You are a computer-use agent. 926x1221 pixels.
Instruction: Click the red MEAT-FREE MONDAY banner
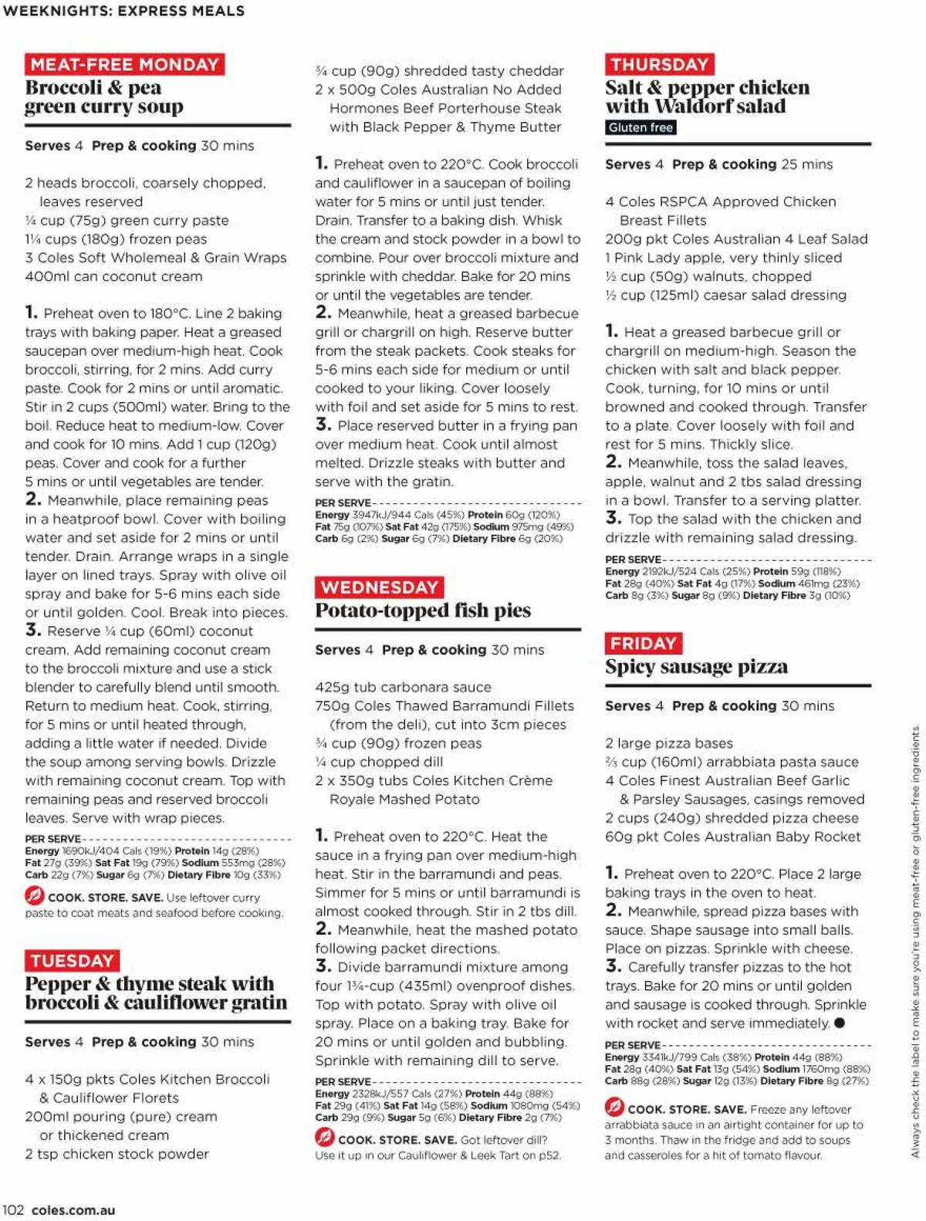(124, 64)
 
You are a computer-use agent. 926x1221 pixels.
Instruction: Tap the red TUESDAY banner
(72, 960)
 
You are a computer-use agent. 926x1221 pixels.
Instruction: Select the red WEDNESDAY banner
(379, 587)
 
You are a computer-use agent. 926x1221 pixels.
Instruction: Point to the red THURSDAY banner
(659, 64)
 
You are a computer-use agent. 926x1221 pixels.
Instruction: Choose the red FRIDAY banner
(643, 643)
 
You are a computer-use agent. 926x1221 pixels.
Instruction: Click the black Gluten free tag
(640, 127)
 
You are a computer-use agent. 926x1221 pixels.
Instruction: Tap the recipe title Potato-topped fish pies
(423, 610)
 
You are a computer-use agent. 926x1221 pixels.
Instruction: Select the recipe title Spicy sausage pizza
(696, 666)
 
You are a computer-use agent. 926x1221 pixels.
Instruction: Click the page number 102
(13, 1209)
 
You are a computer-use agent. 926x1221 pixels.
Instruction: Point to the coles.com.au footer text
(73, 1209)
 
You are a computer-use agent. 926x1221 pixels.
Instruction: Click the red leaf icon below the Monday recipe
(34, 896)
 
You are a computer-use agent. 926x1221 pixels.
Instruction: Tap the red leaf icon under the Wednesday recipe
(324, 1138)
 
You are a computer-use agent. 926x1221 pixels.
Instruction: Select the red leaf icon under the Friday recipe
(614, 1108)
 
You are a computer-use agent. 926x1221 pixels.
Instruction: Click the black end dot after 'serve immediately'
(840, 1023)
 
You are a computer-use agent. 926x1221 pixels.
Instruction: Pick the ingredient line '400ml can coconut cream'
(113, 276)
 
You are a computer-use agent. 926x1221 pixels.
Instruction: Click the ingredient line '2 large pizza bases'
(668, 743)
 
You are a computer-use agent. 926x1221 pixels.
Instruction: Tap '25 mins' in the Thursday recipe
(807, 164)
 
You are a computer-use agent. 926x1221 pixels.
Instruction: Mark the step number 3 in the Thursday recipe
(613, 518)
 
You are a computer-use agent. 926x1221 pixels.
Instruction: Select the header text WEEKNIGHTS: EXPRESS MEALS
(123, 11)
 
